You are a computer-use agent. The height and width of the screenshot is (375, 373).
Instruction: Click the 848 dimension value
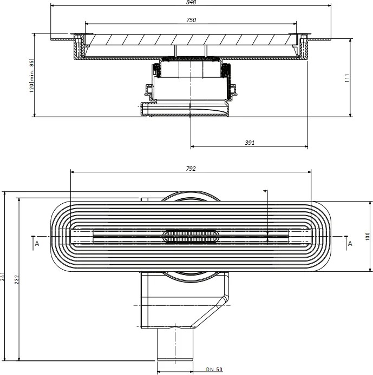tap(191, 2)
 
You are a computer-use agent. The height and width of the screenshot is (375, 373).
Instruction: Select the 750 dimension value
tap(191, 20)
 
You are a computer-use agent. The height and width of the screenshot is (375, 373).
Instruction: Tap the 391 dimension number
tap(250, 143)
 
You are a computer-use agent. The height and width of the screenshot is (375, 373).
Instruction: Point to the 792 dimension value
tap(191, 169)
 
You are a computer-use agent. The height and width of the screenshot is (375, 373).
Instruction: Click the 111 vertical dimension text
tap(347, 78)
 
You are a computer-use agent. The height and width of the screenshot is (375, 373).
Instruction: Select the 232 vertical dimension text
tap(16, 279)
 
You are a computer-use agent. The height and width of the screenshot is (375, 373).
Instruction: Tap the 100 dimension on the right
tap(368, 236)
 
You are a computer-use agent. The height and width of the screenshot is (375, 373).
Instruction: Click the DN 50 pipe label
tap(214, 369)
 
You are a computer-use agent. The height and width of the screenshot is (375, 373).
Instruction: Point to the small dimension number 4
tap(265, 191)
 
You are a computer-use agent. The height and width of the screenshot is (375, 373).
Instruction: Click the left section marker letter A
tap(37, 244)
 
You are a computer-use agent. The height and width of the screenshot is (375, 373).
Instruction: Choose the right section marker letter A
tap(350, 244)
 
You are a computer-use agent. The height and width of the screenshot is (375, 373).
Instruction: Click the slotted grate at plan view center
tap(191, 236)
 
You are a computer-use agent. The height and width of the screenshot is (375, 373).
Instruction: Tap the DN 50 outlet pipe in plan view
tap(175, 345)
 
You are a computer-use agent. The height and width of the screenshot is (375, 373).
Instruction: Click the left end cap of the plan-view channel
tap(81, 236)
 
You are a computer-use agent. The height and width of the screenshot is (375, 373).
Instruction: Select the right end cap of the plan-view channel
tap(300, 236)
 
